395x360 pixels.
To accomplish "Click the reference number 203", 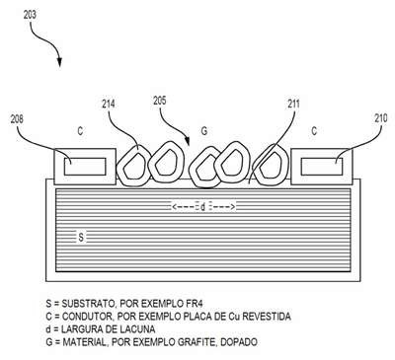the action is pos(30,15).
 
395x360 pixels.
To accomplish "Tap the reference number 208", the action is pos(17,119).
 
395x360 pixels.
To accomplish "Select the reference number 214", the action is pos(109,105).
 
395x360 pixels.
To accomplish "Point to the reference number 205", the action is pos(160,101).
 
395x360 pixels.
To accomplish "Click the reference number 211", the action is pos(293,105).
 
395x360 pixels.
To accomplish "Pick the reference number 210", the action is pos(381,118).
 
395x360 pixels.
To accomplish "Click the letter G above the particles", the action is pos(204,131).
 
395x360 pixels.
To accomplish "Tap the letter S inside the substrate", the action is pos(81,237).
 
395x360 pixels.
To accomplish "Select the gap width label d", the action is pos(203,207).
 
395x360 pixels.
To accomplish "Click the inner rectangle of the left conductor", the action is pos(85,167).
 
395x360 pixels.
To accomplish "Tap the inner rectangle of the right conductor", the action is pos(322,167).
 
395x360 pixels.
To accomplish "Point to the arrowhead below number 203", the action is pos(59,62).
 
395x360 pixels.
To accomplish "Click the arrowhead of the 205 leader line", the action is pos(188,142).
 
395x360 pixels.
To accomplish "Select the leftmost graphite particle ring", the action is pos(118,166).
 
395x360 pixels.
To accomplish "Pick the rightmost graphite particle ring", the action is pos(257,165).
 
